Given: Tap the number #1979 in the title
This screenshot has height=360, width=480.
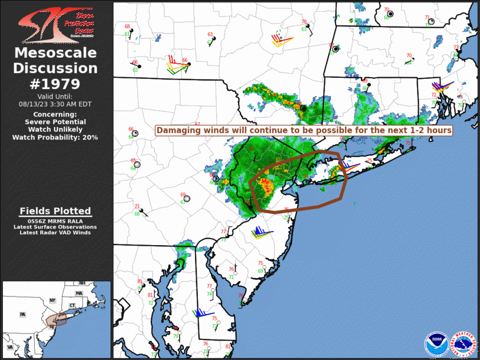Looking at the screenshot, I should [x=55, y=83].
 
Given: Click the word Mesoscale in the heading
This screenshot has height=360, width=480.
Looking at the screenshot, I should [x=55, y=54].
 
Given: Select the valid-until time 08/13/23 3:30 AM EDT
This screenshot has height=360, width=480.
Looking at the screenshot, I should [x=55, y=103].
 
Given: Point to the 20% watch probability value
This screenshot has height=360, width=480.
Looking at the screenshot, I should [x=90, y=137].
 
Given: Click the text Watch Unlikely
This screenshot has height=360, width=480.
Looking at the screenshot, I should [x=55, y=129].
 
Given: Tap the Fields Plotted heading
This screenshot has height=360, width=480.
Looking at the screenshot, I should [x=55, y=211].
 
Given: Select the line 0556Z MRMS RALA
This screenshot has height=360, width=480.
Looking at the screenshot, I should [x=55, y=220].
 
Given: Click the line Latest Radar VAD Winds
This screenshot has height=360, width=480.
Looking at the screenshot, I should [x=55, y=233].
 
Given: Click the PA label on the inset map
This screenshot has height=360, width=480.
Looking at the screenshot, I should [x=23, y=314].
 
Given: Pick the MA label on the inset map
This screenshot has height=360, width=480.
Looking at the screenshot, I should [x=79, y=293].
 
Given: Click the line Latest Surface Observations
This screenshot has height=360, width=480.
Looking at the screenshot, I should [x=55, y=227].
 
